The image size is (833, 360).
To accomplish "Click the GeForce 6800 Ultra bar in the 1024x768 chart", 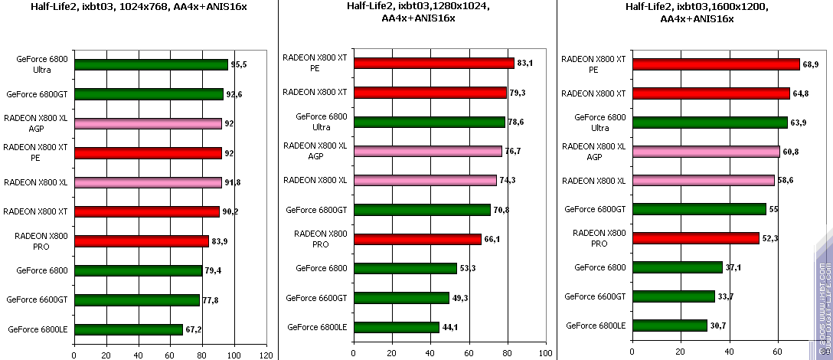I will point(151,65).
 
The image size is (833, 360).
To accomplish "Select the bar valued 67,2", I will point(128,329).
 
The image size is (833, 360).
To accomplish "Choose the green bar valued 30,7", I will point(669,326).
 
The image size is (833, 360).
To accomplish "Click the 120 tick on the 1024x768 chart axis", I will point(266,355).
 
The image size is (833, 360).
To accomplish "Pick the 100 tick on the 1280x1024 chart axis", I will point(544,353).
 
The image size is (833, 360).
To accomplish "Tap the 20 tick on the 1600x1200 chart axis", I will point(679,353).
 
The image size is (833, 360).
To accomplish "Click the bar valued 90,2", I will point(148,211).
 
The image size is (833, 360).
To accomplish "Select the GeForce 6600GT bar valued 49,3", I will point(400,298).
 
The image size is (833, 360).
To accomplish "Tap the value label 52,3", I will point(770,238).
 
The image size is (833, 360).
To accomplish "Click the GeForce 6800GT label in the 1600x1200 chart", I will point(595,209).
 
